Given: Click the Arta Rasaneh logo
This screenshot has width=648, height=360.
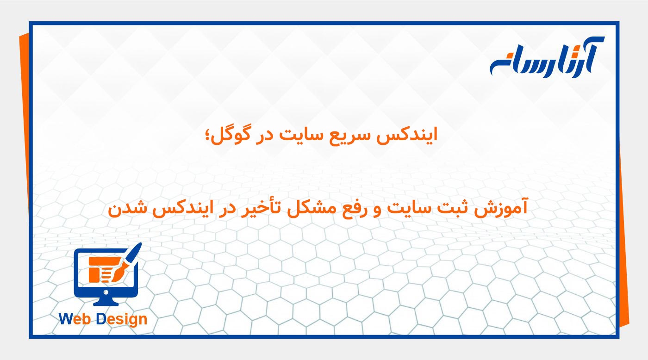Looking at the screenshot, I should pyautogui.click(x=547, y=58).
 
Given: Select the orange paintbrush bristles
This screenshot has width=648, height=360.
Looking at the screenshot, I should pyautogui.click(x=118, y=273).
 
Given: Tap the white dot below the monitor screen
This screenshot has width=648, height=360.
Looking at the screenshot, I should pyautogui.click(x=106, y=292).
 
